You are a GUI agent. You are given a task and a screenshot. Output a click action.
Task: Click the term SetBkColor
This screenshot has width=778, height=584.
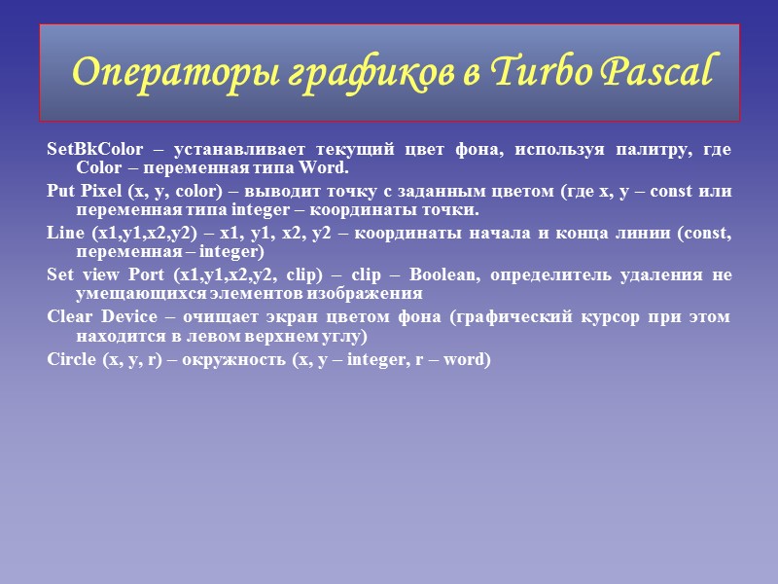pyautogui.click(x=94, y=150)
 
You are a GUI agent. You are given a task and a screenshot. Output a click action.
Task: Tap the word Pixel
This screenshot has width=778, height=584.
pyautogui.click(x=102, y=192)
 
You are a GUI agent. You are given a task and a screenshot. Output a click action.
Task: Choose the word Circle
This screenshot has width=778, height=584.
pyautogui.click(x=71, y=359)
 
